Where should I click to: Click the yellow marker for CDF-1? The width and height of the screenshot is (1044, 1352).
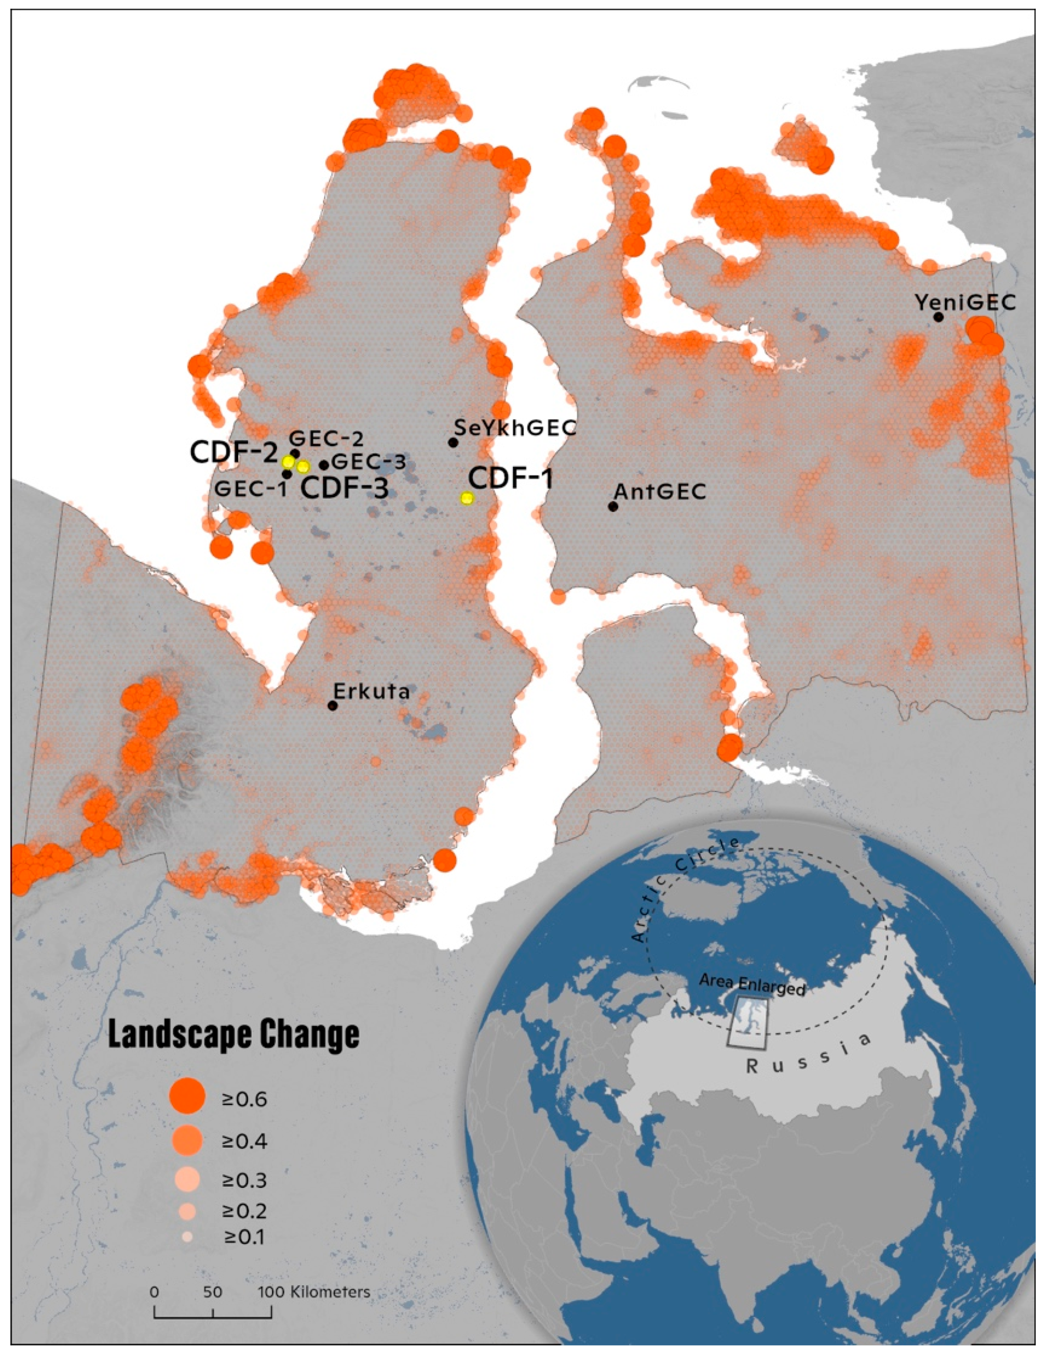(x=466, y=498)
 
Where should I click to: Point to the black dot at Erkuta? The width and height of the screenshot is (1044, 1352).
(x=333, y=706)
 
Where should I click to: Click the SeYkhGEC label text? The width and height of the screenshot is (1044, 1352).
(x=515, y=427)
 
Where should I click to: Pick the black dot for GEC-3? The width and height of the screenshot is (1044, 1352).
(x=324, y=465)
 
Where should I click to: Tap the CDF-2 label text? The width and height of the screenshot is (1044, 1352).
(x=234, y=452)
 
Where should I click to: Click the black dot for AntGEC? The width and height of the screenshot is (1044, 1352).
(x=613, y=507)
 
